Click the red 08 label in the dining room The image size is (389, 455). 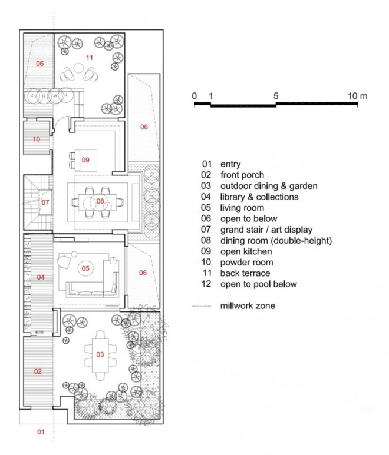(x=100, y=201)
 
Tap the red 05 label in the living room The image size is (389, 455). (x=85, y=268)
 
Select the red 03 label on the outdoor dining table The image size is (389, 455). (x=100, y=354)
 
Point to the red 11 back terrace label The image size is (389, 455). (x=90, y=58)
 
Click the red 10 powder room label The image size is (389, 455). (x=37, y=139)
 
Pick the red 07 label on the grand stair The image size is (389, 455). (x=45, y=202)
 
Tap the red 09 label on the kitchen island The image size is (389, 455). (x=85, y=160)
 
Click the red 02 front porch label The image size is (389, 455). (x=38, y=371)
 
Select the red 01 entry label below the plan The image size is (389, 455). (x=41, y=432)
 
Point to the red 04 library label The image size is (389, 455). (x=41, y=277)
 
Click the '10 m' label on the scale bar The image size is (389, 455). (x=358, y=96)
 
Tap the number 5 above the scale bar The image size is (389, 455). (x=276, y=96)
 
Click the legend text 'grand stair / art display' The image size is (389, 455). (x=266, y=230)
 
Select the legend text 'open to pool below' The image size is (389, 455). (x=259, y=284)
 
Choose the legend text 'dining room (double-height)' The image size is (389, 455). (x=276, y=241)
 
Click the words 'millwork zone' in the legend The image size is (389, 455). (x=248, y=305)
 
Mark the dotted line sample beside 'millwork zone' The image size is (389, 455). (x=202, y=306)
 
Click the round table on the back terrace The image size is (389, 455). (x=78, y=68)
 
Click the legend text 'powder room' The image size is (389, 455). (x=246, y=263)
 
